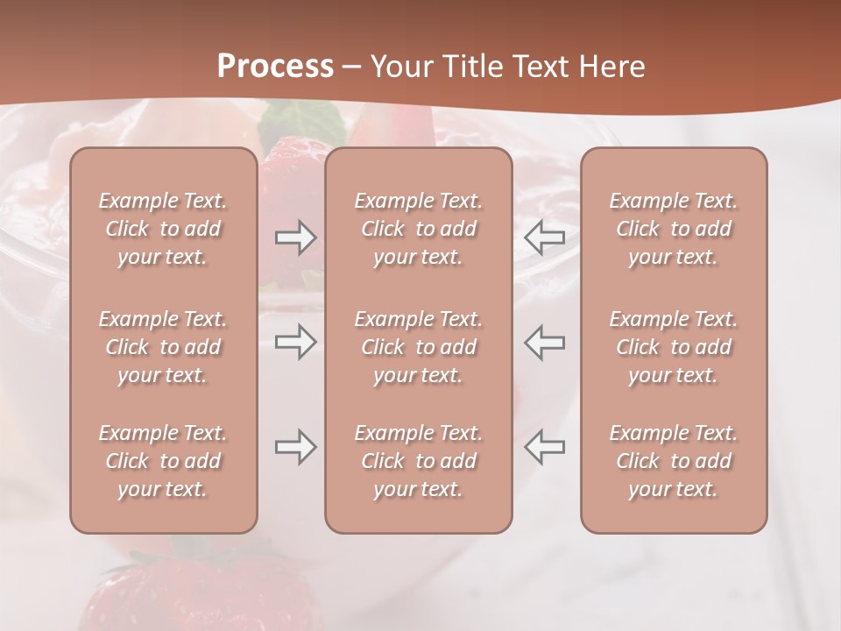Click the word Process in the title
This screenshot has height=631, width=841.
pos(275,67)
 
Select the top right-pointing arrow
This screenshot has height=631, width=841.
pos(295,238)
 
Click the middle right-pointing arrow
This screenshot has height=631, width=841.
pos(295,342)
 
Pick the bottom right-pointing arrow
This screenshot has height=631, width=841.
pos(295,447)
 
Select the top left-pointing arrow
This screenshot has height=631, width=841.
pos(545,236)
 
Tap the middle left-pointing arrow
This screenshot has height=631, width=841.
pos(545,342)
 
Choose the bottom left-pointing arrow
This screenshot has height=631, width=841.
pos(545,447)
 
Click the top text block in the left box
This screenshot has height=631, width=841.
pos(163,229)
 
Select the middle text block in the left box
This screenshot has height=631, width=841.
pos(163,347)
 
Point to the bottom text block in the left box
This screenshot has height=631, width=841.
pos(163,461)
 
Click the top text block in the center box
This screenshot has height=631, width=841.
pos(418,229)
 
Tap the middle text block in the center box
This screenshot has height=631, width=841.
pos(418,347)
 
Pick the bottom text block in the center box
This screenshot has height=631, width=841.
pos(418,461)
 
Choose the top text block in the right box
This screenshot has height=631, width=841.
pos(673,229)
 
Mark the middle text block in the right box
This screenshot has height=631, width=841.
pos(673,347)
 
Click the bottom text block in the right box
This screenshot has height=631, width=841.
pos(673,461)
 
